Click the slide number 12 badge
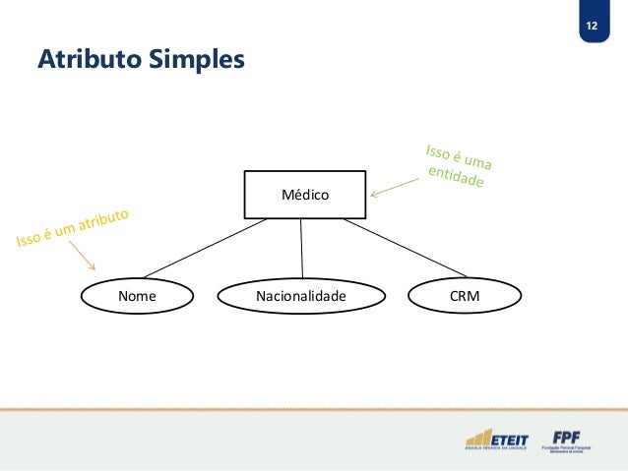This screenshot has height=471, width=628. point(592,25)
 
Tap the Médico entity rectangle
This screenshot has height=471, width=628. point(305,194)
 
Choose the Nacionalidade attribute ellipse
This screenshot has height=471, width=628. point(301,295)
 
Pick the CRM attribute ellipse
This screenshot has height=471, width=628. point(465,295)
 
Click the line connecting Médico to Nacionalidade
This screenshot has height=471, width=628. point(301,248)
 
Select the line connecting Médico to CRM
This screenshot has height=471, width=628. point(404,248)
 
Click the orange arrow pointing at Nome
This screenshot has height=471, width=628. point(87,258)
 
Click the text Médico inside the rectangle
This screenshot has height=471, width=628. point(305,195)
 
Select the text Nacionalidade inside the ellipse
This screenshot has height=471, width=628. point(301,295)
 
